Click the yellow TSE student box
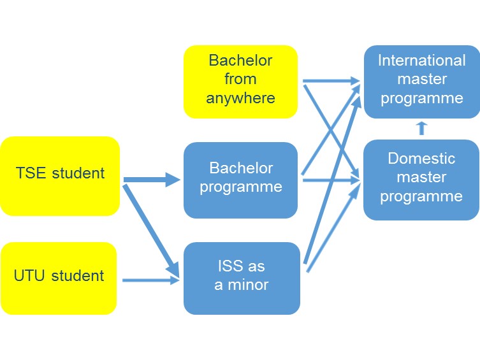tap(60, 175)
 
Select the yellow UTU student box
tap(59, 277)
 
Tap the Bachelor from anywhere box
tap(240, 81)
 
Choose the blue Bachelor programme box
tap(240, 179)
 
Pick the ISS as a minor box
tap(241, 277)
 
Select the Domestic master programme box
tap(421, 178)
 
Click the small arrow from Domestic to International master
tap(421, 128)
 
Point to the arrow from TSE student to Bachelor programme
tap(152, 180)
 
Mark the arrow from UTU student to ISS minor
tap(150, 280)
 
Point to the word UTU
tap(30, 276)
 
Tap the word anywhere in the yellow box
tap(240, 98)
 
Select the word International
tap(421, 61)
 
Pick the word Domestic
tap(421, 158)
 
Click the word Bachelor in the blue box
tap(240, 168)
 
